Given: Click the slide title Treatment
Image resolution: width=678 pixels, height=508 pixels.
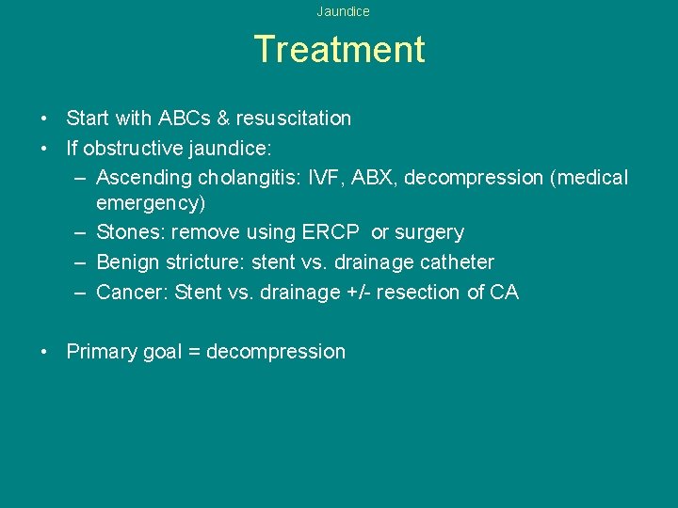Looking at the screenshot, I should point(339,49).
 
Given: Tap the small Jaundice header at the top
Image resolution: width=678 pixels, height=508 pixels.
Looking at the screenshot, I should point(343,11).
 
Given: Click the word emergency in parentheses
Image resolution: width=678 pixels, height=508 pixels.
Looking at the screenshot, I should point(151,203).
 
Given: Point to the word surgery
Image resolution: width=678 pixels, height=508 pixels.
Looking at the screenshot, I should point(429,232).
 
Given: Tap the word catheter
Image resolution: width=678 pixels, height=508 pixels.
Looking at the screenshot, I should point(456,262).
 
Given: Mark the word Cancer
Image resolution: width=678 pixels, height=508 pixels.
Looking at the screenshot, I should point(132,293).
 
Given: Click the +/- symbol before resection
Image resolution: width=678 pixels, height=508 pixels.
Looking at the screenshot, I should point(358,293).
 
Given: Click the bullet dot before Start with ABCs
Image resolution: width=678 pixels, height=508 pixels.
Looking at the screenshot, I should point(44,119).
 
